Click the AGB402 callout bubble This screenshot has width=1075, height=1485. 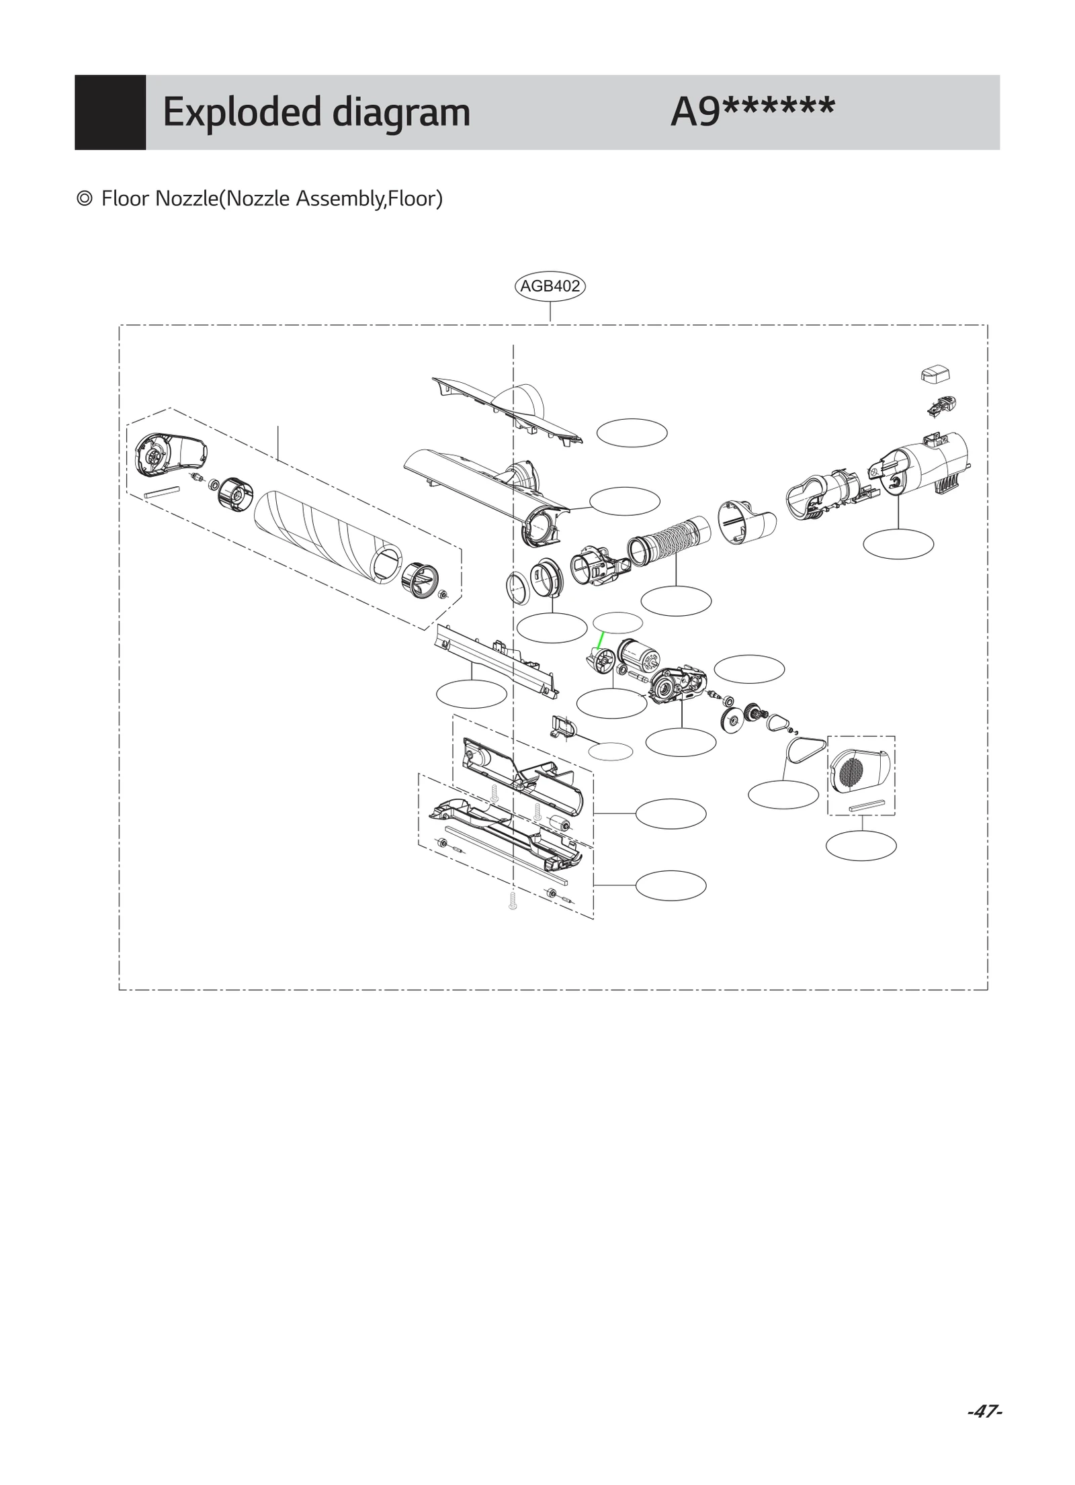550,286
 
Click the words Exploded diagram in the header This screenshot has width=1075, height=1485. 316,112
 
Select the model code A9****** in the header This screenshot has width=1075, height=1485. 752,112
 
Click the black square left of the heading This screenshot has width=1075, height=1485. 110,112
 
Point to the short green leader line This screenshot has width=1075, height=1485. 601,640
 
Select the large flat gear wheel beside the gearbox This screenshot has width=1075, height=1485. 732,723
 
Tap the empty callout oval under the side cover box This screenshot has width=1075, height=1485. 860,846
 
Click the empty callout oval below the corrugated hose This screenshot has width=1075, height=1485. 675,601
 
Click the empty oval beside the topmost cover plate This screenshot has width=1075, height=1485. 632,433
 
